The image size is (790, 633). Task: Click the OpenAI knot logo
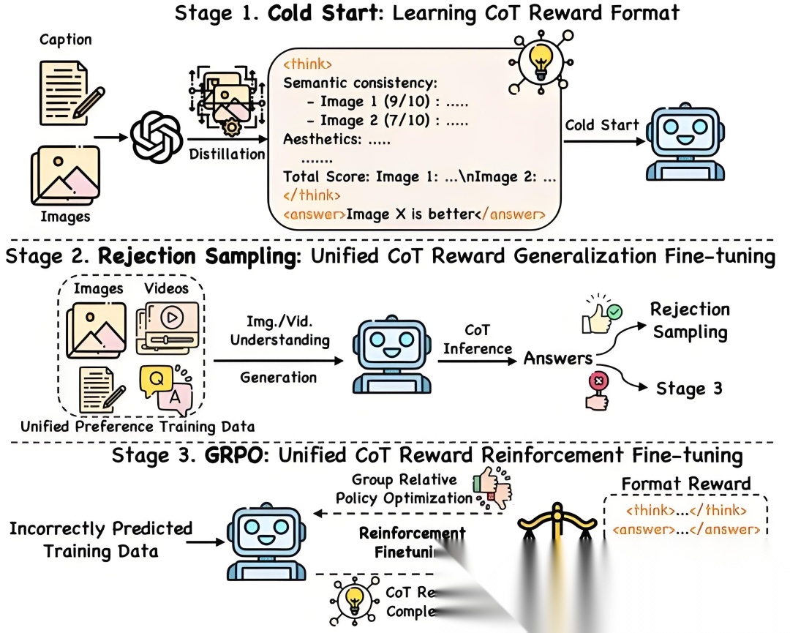155,136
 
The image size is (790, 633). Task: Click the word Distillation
227,154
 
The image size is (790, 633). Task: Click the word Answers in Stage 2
557,358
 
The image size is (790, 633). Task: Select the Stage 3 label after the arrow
689,388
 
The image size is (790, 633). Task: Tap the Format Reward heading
685,484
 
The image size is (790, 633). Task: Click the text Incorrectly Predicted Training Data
101,539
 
